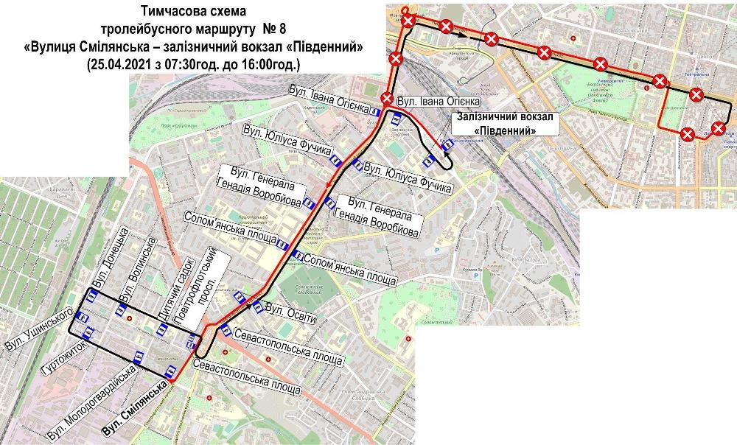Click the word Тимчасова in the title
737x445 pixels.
pos(167,13)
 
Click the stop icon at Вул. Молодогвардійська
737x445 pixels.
pos(138,357)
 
